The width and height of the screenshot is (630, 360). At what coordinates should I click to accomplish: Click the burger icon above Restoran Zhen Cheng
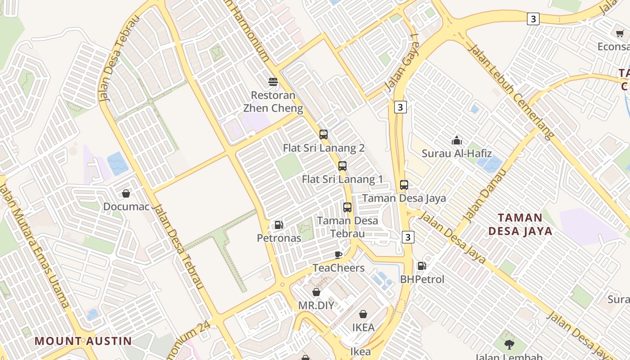click(273, 82)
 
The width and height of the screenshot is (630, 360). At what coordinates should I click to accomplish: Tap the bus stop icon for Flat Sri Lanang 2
click(324, 134)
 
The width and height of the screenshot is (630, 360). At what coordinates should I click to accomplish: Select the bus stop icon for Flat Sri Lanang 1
click(342, 166)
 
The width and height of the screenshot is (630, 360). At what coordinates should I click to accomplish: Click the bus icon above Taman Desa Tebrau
click(347, 207)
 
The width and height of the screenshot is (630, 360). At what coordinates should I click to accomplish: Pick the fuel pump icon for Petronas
click(279, 225)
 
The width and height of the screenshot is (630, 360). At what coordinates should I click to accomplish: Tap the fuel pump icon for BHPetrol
click(422, 266)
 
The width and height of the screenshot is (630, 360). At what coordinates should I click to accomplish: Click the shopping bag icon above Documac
click(126, 193)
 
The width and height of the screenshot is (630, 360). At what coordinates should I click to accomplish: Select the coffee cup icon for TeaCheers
click(338, 255)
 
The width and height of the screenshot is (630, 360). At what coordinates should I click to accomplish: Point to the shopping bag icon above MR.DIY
click(316, 292)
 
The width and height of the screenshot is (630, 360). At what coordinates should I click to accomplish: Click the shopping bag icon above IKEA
click(363, 314)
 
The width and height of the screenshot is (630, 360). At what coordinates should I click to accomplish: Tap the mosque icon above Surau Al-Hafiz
click(457, 140)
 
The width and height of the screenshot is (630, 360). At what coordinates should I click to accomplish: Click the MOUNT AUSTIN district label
click(83, 341)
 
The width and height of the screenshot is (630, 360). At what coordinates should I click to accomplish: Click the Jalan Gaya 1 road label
click(403, 65)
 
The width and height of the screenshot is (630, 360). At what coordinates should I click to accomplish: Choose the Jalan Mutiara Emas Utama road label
click(34, 246)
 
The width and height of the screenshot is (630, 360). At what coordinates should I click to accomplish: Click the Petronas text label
click(279, 238)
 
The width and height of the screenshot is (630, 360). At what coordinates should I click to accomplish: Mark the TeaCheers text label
click(339, 268)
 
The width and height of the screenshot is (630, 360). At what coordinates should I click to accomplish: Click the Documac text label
click(126, 207)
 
